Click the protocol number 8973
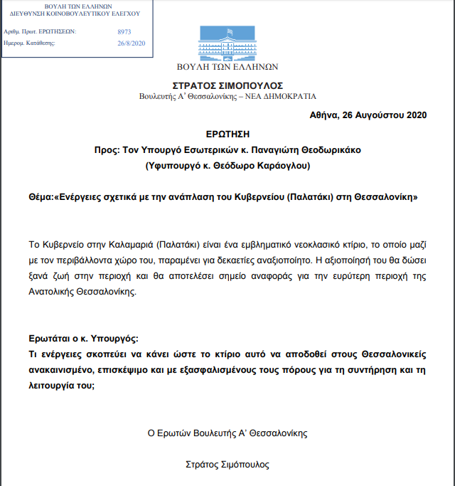[124, 32]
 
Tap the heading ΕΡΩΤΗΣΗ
[227, 134]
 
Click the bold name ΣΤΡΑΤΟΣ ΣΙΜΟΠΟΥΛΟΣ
[227, 83]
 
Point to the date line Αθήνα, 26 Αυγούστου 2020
[368, 115]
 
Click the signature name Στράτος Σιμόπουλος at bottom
[227, 464]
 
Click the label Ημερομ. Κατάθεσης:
[29, 43]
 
